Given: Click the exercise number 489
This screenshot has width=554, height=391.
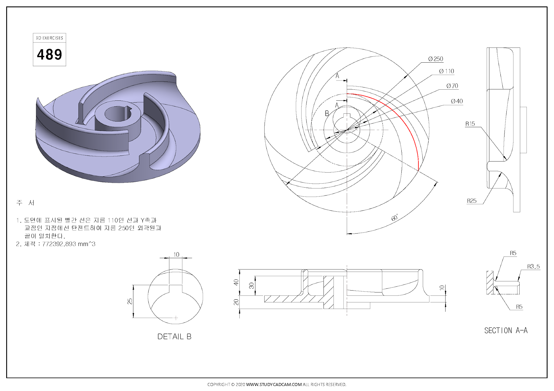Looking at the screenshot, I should click(x=50, y=55).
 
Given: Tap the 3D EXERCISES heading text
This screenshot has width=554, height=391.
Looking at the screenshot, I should click(x=50, y=38).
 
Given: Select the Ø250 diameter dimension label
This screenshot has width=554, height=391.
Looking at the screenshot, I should click(x=436, y=59).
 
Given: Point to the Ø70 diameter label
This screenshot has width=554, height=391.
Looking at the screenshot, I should click(x=452, y=86).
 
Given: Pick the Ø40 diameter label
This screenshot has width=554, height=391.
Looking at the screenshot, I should click(x=457, y=101).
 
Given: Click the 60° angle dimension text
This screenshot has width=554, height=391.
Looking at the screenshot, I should click(x=395, y=218).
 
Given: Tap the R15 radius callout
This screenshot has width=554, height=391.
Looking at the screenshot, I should click(x=470, y=124).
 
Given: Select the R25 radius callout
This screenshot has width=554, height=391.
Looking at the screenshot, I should click(x=471, y=201).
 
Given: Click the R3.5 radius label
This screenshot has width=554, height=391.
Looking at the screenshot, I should click(x=533, y=267).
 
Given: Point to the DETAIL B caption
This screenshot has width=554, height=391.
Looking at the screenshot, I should click(x=174, y=337).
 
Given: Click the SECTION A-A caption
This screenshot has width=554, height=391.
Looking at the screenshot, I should click(x=506, y=331).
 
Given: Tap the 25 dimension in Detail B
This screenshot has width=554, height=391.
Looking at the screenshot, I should click(x=130, y=301).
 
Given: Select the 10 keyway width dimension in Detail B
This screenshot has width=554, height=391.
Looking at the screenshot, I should click(x=176, y=255).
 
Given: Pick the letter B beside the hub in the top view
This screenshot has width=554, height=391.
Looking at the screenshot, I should click(x=327, y=114).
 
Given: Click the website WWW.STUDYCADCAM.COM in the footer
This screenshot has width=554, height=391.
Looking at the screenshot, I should click(x=274, y=385).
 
